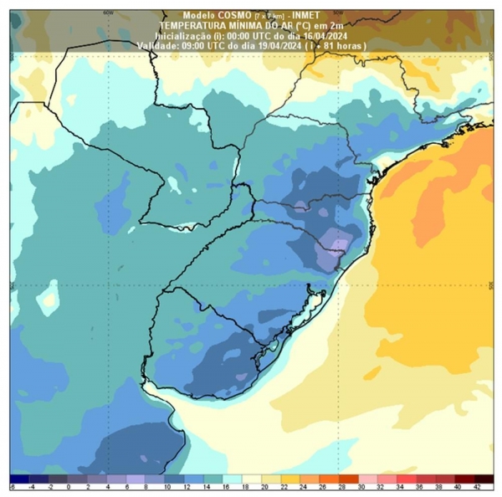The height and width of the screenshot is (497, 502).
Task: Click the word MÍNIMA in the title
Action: click(242, 26)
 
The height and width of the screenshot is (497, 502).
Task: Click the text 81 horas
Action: click(345, 46)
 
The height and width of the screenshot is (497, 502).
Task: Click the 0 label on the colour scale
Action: click(69, 484)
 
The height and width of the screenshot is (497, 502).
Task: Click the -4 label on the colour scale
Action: click(31, 484)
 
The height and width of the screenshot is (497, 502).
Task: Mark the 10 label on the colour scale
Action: click(166, 484)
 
